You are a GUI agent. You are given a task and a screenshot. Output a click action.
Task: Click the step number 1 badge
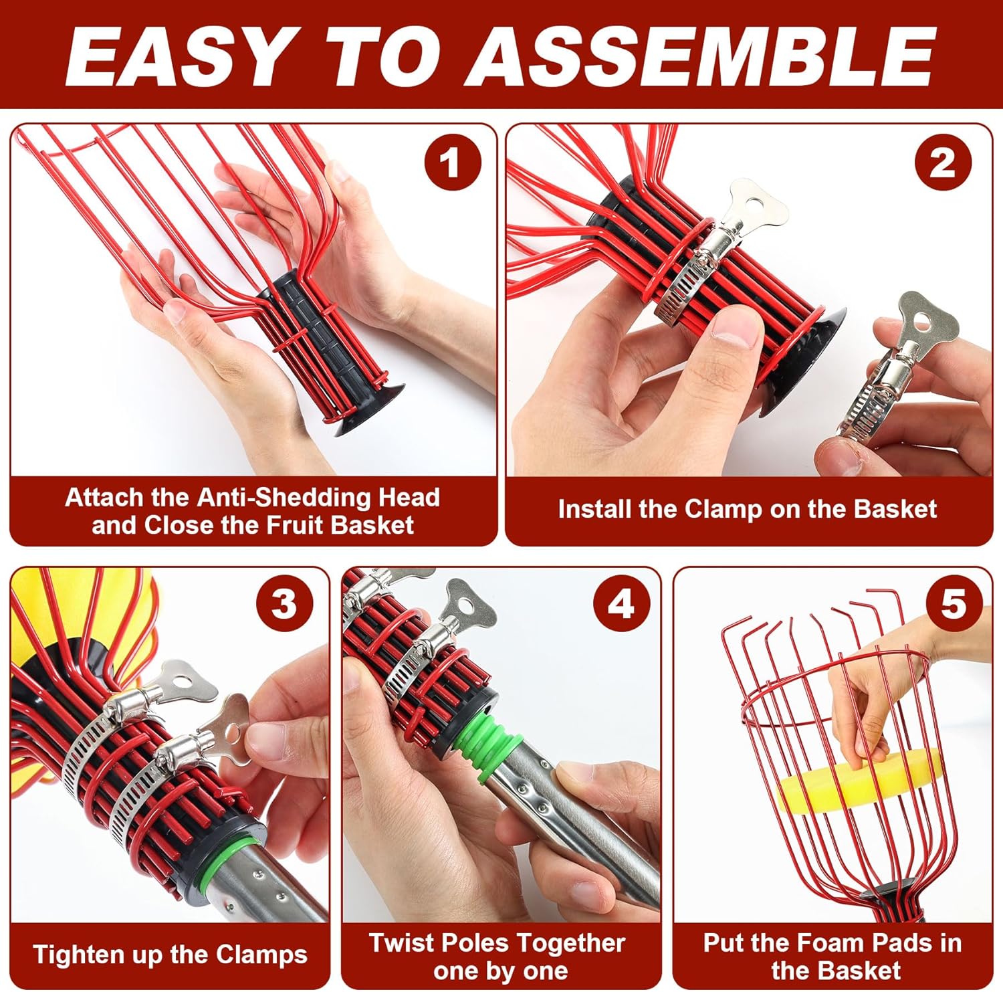pyautogui.click(x=453, y=163)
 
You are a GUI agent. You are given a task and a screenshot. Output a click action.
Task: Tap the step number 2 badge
pyautogui.click(x=943, y=163)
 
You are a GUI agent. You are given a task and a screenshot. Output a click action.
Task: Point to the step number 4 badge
pyautogui.click(x=622, y=604)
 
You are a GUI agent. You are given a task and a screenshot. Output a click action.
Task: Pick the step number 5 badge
pyautogui.click(x=954, y=604)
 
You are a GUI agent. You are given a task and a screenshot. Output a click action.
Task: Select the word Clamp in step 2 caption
pyautogui.click(x=724, y=510)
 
